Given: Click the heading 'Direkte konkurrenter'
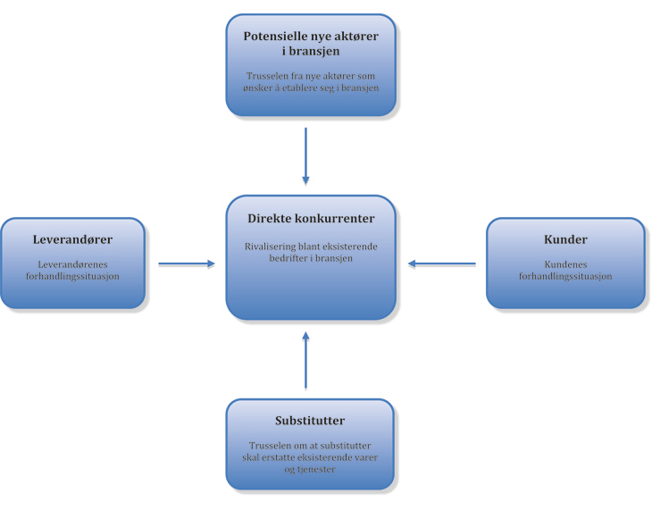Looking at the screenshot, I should click(x=310, y=219).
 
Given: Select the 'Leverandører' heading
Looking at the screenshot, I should click(x=73, y=240).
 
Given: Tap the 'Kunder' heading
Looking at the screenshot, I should click(x=565, y=240).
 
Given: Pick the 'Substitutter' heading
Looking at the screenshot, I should click(x=310, y=421).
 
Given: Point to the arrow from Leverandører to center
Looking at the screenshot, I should click(x=187, y=263).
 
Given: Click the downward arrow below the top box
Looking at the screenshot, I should click(x=305, y=155).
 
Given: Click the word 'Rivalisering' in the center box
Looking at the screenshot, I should click(x=271, y=246).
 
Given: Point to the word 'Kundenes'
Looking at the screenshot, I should click(x=565, y=264).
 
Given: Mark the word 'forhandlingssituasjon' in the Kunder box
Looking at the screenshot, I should click(x=565, y=276).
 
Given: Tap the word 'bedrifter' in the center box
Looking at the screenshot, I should click(x=287, y=257).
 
